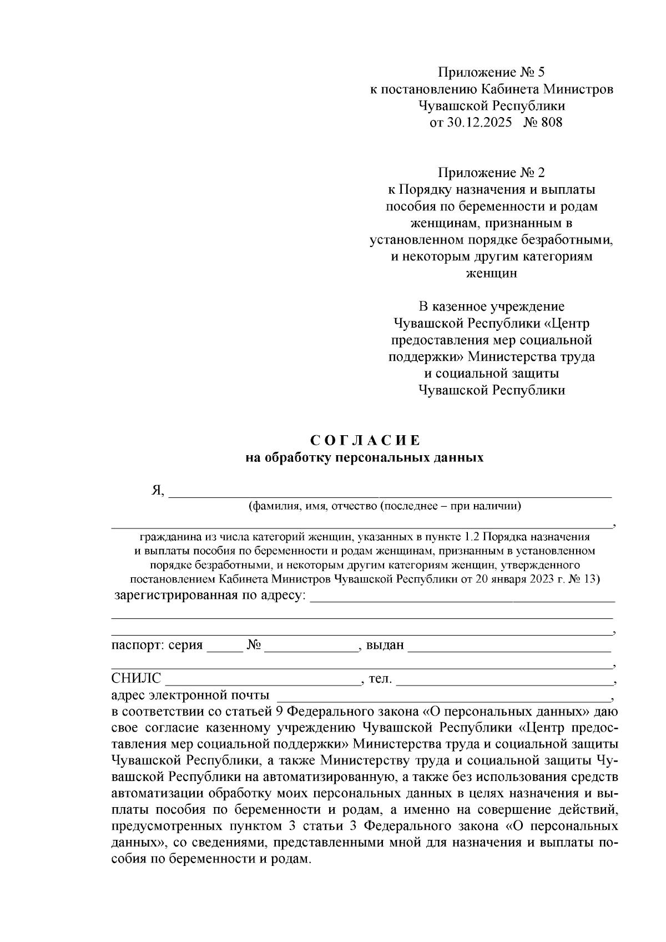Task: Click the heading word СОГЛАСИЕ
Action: point(365,441)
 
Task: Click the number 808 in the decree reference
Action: point(552,122)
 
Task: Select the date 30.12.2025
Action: point(478,122)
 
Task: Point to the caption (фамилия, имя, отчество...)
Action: point(384,506)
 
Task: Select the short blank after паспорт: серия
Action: point(224,647)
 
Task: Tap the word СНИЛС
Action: point(136,678)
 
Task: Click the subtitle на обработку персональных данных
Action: point(365,459)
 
